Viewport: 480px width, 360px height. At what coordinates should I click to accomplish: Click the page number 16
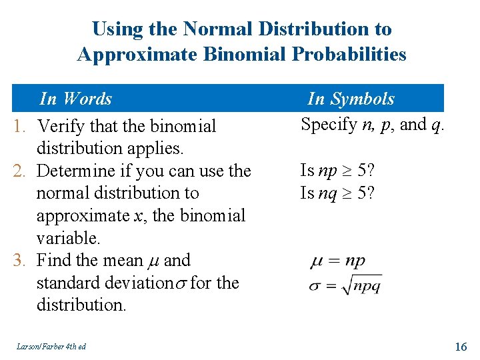461,346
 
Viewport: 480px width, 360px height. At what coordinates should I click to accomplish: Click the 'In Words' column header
75,99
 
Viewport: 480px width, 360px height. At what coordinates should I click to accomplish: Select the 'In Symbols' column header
351,99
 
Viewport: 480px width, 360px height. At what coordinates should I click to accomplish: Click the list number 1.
19,126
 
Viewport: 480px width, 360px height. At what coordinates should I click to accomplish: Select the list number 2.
19,171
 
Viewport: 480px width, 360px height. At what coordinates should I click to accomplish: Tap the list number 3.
19,260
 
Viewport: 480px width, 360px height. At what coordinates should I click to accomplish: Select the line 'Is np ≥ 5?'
337,170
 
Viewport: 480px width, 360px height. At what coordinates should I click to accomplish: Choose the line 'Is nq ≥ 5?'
337,193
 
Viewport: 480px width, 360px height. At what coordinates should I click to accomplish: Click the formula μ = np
338,261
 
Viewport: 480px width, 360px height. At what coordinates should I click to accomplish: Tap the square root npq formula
346,284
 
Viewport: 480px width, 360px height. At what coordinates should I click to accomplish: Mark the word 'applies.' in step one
163,148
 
